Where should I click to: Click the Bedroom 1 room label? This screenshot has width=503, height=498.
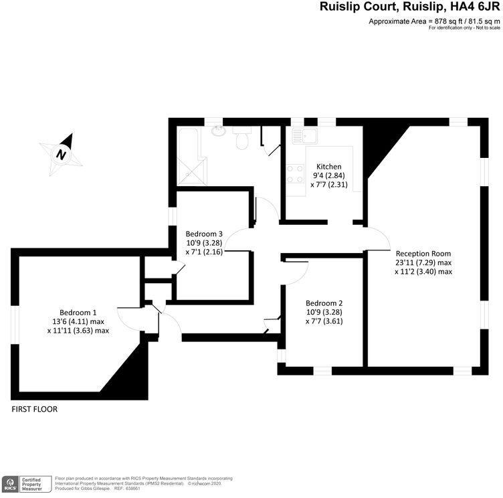78,312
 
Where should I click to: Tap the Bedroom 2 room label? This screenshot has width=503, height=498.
324,302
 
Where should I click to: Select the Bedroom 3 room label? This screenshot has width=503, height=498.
204,234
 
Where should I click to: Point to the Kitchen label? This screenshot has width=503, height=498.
329,167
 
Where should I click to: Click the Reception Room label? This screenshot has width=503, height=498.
423,254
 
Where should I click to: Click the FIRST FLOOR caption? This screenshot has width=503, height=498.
35,408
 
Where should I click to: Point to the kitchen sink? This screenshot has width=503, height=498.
305,136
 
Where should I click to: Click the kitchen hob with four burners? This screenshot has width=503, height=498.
295,174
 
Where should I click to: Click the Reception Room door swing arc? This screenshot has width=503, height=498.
377,238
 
